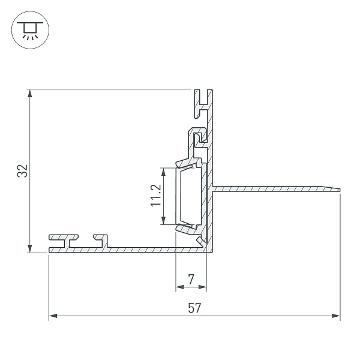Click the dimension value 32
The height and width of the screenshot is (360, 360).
(23, 171)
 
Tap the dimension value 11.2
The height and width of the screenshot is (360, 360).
(156, 196)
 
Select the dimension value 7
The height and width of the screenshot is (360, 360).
(191, 279)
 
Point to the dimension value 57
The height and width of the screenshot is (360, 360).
(194, 308)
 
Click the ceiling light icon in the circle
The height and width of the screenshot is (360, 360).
(30, 30)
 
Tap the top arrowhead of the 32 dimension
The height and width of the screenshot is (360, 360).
(29, 94)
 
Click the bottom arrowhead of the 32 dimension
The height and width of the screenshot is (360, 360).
(29, 248)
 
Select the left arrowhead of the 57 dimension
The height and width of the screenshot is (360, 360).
(53, 316)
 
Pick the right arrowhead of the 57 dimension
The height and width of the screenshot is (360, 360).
(336, 316)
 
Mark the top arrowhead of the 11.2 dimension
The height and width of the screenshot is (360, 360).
(163, 172)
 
